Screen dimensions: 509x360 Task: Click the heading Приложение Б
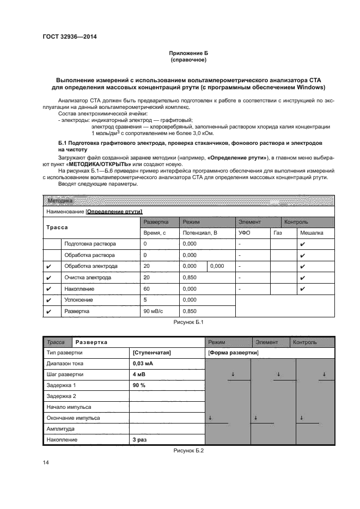[188, 53]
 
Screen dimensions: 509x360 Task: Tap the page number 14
[46, 462]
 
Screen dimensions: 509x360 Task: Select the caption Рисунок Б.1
[188, 323]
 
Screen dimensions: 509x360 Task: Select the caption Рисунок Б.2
[188, 450]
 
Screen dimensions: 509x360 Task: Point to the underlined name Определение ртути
[114, 211]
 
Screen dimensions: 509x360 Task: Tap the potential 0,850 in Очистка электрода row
[190, 278]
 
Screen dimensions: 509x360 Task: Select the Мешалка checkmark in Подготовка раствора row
[302, 244]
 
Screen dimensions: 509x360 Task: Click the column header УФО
[244, 233]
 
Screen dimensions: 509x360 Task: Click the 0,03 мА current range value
[143, 364]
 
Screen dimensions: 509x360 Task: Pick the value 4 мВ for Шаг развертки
[139, 375]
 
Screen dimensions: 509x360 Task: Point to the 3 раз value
[141, 439]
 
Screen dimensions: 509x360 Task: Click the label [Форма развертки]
[233, 353]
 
